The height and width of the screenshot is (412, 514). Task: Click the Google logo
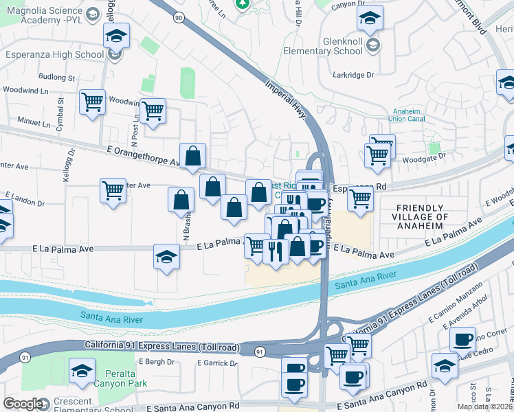(x=23, y=404)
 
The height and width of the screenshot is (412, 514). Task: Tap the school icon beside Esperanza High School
(x=116, y=34)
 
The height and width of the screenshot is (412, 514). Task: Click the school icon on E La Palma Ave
(x=166, y=257)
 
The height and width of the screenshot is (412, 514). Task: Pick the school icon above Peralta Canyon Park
(x=82, y=371)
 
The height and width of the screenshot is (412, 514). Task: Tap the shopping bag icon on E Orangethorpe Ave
(x=194, y=156)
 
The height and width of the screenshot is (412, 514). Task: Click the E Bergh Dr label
(x=154, y=361)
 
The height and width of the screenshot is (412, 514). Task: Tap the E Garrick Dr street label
(x=216, y=363)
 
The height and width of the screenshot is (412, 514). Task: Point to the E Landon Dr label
(x=25, y=203)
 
